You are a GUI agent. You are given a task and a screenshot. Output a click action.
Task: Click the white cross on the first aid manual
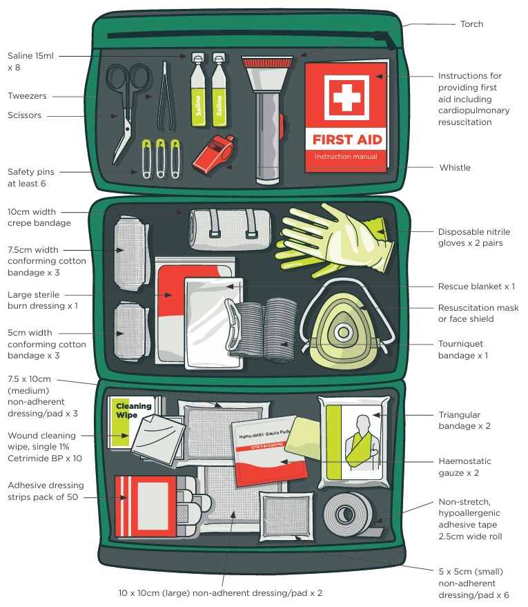tap(347, 97)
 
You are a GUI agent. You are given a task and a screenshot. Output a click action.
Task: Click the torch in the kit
tap(266, 117)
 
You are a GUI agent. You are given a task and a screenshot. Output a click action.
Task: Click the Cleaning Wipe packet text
tap(134, 410)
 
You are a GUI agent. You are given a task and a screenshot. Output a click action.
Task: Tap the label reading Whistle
tap(454, 168)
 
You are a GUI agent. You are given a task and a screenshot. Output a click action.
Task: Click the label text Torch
tap(472, 24)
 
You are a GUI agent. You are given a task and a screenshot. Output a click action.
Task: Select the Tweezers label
tap(27, 96)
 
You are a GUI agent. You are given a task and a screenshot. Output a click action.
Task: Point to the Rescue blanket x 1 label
tap(476, 286)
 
